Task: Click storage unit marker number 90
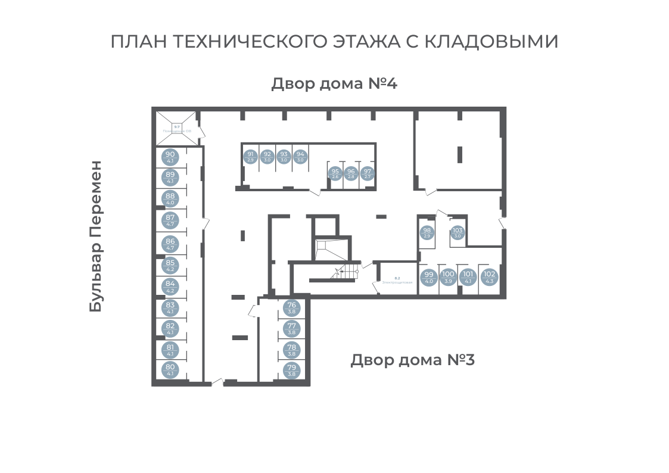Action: [x=170, y=157]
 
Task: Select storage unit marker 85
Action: [x=170, y=265]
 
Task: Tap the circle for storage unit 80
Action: [x=170, y=369]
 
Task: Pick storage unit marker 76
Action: [x=292, y=307]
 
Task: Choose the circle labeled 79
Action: [x=292, y=370]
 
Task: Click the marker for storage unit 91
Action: [x=250, y=156]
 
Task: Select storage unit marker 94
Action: [x=300, y=156]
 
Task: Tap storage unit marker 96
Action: [x=351, y=173]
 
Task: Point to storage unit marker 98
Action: [x=427, y=232]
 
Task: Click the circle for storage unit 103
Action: [x=458, y=232]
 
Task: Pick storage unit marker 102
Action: [x=490, y=277]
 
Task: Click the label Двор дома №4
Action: [x=334, y=83]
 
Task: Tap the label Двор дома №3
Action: [x=412, y=360]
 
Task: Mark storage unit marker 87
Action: [x=170, y=220]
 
